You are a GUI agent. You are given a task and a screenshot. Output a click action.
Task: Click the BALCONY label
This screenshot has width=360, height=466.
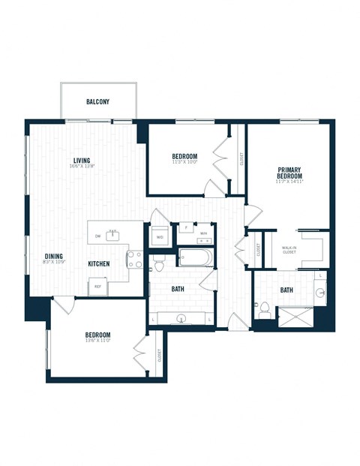[x=99, y=101]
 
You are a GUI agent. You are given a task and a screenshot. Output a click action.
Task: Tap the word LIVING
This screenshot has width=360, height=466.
[x=82, y=159]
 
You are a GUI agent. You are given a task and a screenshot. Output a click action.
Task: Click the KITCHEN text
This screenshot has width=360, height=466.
[x=99, y=263]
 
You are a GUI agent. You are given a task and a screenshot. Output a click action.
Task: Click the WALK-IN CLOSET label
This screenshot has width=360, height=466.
[x=289, y=249]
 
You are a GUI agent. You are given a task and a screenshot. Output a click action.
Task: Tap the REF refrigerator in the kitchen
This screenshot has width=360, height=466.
[x=97, y=286]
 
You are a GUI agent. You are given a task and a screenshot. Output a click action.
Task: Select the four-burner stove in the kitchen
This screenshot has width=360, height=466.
[x=135, y=260]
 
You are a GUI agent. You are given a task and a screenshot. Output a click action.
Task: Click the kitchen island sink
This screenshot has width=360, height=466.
[x=113, y=235]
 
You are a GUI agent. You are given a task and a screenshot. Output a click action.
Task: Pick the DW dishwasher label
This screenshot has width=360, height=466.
[x=97, y=237]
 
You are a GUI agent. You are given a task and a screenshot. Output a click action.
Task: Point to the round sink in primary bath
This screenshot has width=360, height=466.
[x=320, y=293]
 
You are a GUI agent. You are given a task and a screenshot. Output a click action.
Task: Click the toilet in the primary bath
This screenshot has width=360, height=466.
[x=264, y=308]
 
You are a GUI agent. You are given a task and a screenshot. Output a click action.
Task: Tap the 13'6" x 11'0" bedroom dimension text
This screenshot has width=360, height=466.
[x=97, y=342]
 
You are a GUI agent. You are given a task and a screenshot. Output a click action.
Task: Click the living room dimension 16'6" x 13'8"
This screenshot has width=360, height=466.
[x=82, y=167]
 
